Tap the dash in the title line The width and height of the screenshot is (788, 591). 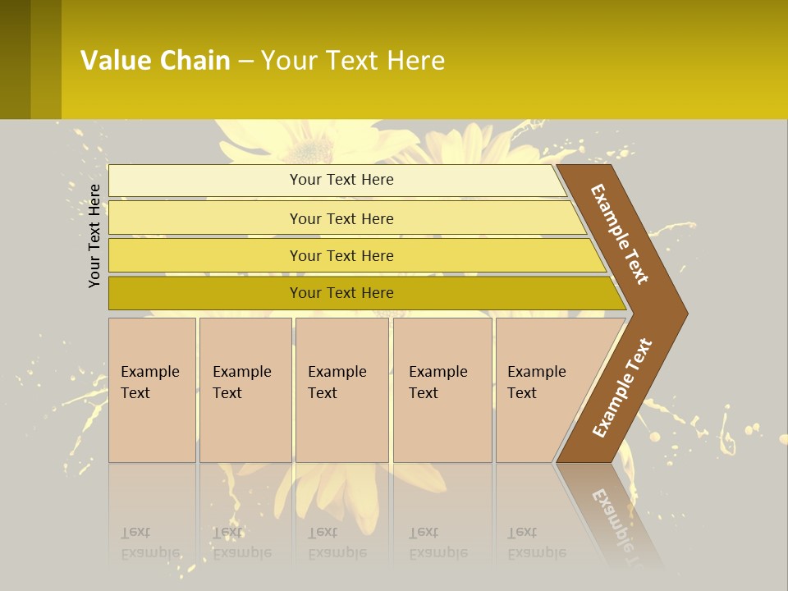click(x=245, y=62)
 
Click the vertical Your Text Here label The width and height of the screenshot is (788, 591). click(x=95, y=236)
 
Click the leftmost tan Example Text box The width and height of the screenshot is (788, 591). click(x=152, y=389)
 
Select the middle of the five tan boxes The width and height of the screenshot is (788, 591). click(x=341, y=389)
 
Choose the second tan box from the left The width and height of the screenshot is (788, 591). click(x=245, y=389)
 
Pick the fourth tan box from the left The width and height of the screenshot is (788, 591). click(x=442, y=389)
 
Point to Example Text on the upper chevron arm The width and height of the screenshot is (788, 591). click(x=620, y=234)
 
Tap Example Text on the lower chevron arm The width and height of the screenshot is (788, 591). click(x=622, y=388)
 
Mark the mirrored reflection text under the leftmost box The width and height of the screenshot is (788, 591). click(x=151, y=543)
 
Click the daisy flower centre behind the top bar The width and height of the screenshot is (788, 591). click(x=310, y=150)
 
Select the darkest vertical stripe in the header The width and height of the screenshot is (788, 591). click(x=15, y=59)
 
